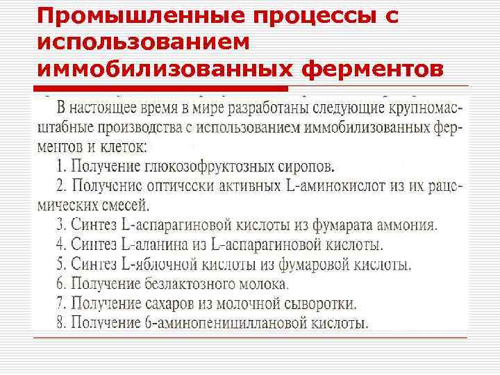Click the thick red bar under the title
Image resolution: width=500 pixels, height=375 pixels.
pos(160,88)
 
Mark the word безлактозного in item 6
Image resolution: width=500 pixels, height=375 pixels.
pos(192,284)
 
